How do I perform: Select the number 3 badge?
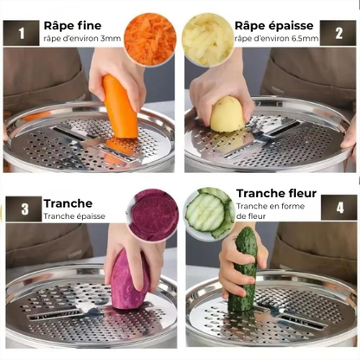click(x=24, y=209)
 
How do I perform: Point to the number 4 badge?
click(x=339, y=208)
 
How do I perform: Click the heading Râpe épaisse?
click(x=276, y=25)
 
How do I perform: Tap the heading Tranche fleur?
click(x=276, y=193)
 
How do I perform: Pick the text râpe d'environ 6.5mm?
click(x=276, y=39)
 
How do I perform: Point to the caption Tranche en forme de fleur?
click(x=268, y=212)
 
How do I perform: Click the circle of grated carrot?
click(x=150, y=39)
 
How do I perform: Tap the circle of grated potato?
click(x=208, y=39)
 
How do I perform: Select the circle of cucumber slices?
click(x=209, y=214)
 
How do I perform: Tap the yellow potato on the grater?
click(x=227, y=114)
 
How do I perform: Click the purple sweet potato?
click(x=129, y=281)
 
